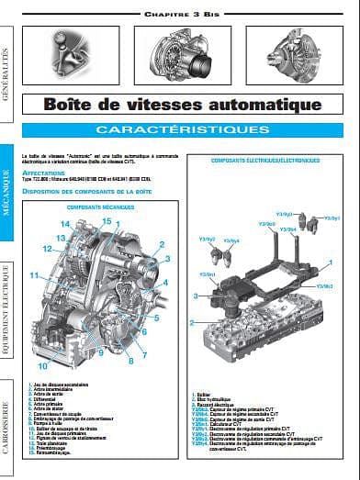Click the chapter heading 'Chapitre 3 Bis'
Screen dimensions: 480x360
[180, 16]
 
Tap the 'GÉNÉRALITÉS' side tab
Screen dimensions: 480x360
[9, 70]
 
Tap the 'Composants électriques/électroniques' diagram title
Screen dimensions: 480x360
[265, 160]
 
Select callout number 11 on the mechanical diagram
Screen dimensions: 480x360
[32, 275]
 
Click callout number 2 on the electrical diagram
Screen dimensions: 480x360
[192, 322]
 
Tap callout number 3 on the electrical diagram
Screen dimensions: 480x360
[197, 295]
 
